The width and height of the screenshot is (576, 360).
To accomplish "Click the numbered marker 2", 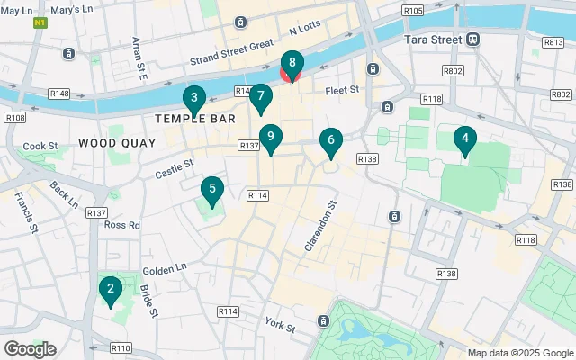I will (x=110, y=290).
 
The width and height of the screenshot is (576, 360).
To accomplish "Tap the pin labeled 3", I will (x=193, y=99).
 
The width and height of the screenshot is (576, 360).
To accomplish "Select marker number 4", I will (x=464, y=139).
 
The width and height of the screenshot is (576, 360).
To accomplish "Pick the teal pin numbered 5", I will (x=212, y=190).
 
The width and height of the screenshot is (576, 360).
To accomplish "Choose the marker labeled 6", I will (x=331, y=141).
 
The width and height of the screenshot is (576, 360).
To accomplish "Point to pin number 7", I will (x=260, y=96).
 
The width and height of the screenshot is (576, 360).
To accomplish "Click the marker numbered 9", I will (x=270, y=137).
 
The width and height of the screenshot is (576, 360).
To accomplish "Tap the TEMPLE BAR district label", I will (x=195, y=119).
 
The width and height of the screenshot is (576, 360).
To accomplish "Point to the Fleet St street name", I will (x=342, y=90).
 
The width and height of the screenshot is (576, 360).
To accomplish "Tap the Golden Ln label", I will (x=165, y=269).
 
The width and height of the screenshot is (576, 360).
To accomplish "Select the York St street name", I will (x=280, y=324).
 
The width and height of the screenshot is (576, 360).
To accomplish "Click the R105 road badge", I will (x=413, y=10).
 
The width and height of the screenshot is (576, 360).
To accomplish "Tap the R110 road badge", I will (x=121, y=347).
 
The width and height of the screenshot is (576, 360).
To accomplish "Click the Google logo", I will (x=30, y=348).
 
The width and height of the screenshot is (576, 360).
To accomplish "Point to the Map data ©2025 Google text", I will (x=519, y=352).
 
